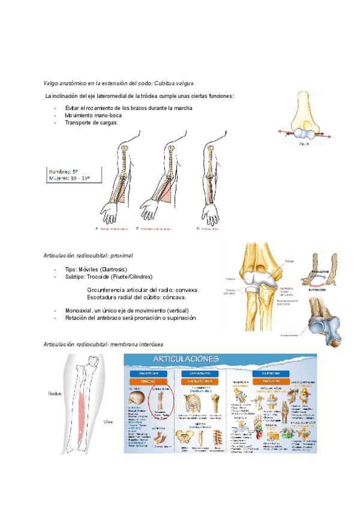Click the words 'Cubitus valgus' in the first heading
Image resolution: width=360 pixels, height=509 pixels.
pos(173,83)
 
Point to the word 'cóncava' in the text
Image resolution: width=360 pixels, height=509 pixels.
pos(174,297)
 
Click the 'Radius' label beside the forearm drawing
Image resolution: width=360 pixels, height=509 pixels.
pos(56,393)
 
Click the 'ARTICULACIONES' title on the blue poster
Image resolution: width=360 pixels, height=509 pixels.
pos(219,358)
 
